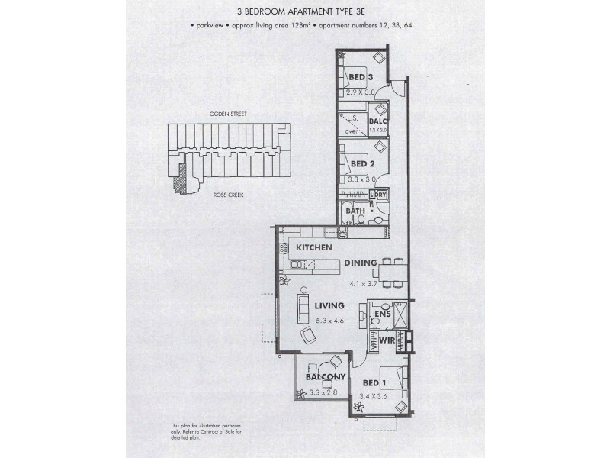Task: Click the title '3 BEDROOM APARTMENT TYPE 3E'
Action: click(x=305, y=11)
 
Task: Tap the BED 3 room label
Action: click(x=360, y=77)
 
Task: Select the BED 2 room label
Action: click(x=361, y=163)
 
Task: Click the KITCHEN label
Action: click(x=314, y=249)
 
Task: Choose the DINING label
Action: click(x=361, y=263)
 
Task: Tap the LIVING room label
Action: click(x=329, y=305)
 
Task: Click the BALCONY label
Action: click(x=326, y=377)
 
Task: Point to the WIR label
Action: click(x=387, y=340)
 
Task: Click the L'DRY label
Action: click(x=378, y=195)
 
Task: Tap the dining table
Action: click(x=394, y=271)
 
